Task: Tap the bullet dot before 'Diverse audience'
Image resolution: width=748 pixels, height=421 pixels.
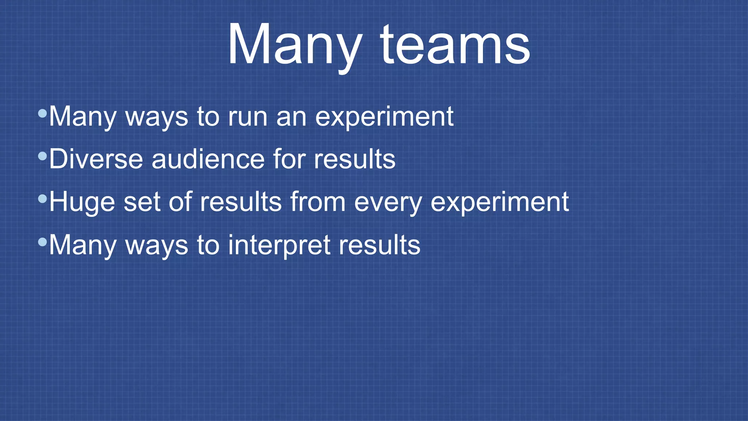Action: click(42, 156)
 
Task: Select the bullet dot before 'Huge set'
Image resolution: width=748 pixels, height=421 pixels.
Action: click(42, 199)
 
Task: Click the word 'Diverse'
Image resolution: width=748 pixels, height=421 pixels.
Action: click(96, 159)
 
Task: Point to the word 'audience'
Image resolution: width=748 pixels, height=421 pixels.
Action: click(208, 159)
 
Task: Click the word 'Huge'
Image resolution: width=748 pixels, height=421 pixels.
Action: click(82, 202)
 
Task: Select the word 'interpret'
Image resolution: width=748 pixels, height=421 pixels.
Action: click(279, 245)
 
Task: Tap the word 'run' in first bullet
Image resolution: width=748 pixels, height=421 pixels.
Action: click(248, 117)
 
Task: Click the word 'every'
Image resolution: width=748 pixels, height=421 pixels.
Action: click(388, 202)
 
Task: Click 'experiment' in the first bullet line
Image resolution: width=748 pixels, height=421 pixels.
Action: click(384, 117)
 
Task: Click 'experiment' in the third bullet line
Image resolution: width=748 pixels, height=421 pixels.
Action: click(499, 202)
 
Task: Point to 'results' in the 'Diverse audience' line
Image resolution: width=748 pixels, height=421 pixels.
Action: click(354, 159)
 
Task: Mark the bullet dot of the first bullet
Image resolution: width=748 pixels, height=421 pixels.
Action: click(42, 113)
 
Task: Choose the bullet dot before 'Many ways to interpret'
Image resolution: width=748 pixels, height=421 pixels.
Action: click(42, 242)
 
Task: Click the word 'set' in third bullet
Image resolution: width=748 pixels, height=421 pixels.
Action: click(142, 202)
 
